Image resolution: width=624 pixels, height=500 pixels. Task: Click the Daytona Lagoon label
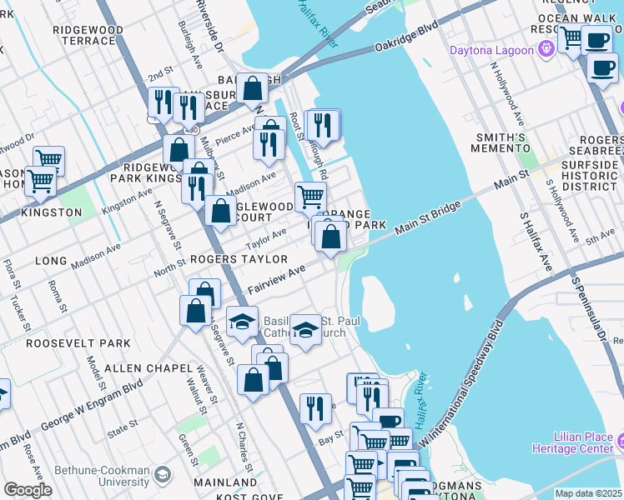tap(491, 50)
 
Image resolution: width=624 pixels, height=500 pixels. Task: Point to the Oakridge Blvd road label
tap(406, 40)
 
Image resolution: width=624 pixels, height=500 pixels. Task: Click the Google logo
tap(28, 490)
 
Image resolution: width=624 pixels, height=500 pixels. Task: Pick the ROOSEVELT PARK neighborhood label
tap(78, 342)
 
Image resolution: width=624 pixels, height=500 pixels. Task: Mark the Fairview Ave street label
tap(276, 278)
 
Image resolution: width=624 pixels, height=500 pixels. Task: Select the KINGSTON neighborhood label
tap(52, 212)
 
